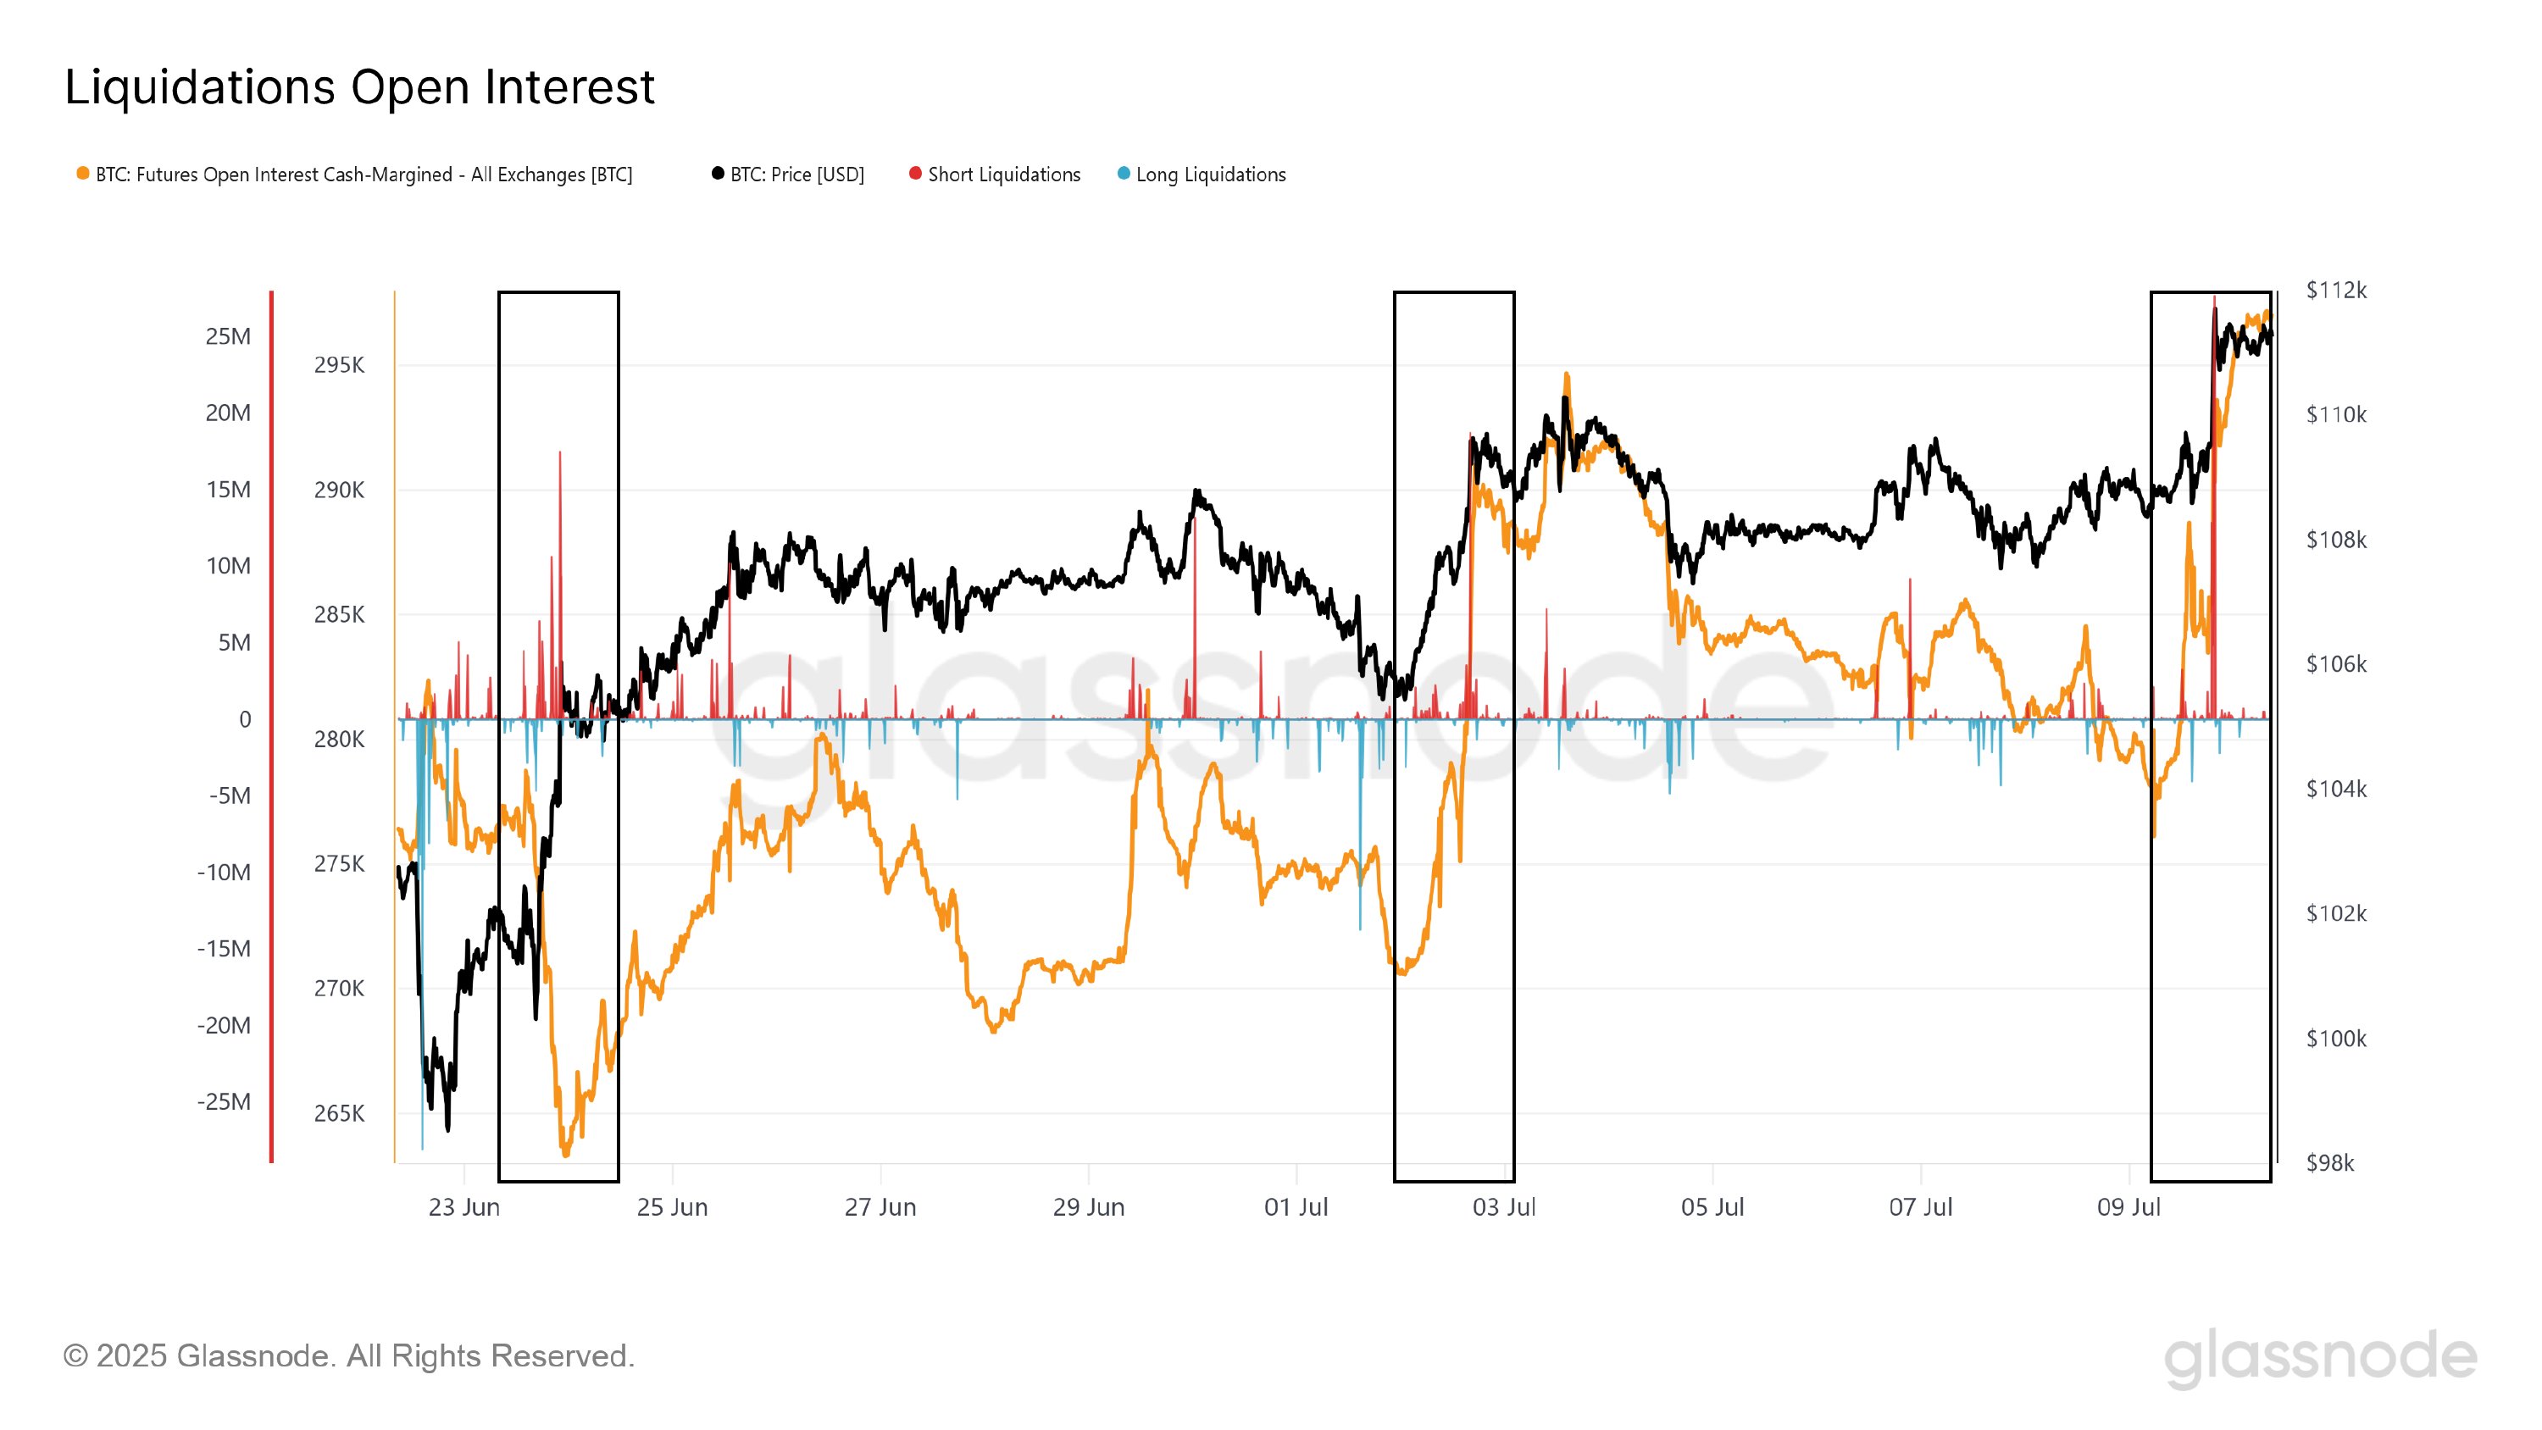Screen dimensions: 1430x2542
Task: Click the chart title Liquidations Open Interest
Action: [359, 87]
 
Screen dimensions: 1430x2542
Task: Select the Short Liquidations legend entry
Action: [1002, 175]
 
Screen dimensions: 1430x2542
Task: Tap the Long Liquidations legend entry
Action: [1210, 175]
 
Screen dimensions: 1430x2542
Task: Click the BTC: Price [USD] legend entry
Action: [796, 175]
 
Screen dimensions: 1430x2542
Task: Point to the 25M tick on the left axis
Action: [228, 336]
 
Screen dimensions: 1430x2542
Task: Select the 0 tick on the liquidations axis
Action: [245, 719]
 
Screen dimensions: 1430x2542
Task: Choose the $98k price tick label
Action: [2330, 1162]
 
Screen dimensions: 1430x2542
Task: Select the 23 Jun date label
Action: [463, 1207]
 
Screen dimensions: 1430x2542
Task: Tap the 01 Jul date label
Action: [1296, 1207]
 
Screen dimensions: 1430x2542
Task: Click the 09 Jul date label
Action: [2129, 1207]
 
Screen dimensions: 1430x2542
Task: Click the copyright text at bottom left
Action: [348, 1356]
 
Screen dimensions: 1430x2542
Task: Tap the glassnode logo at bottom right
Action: [2320, 1358]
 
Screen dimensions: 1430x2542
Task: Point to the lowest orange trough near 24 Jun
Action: [565, 1153]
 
